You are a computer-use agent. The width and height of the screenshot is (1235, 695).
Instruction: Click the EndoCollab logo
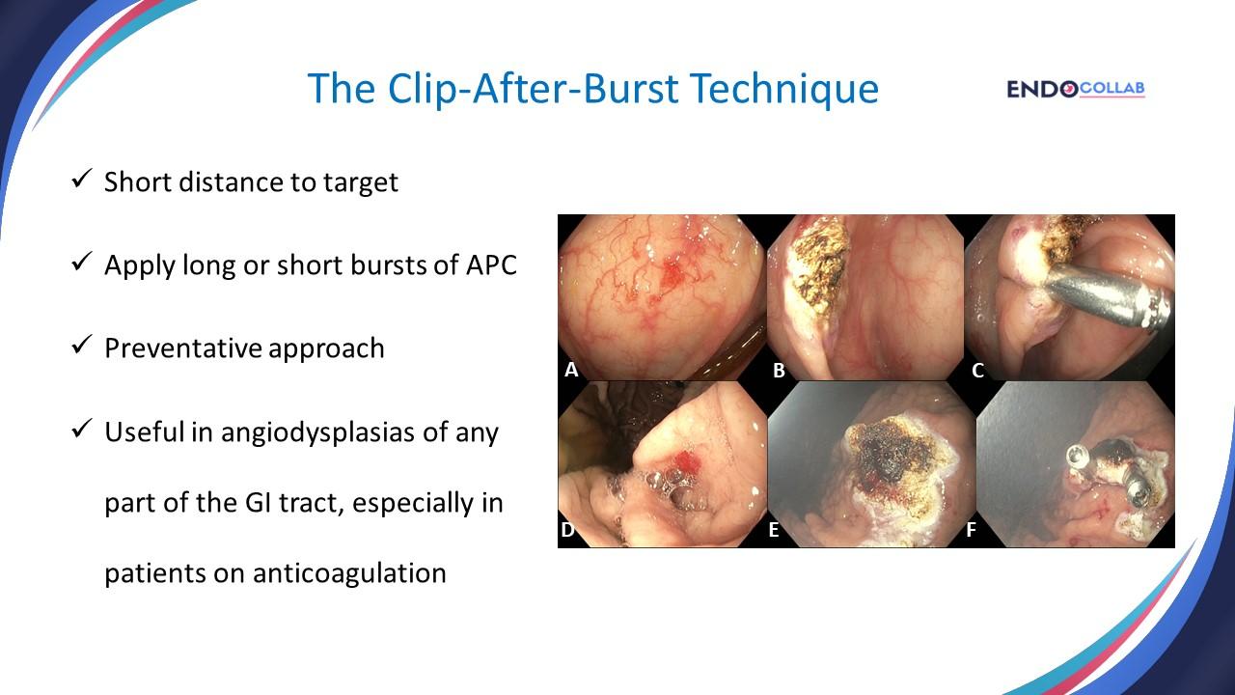pyautogui.click(x=1075, y=89)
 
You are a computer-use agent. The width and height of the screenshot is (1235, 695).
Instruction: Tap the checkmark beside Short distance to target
pyautogui.click(x=81, y=180)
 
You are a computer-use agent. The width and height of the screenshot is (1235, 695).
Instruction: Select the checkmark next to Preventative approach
pyautogui.click(x=81, y=346)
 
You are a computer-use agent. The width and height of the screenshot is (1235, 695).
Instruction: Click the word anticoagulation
pyautogui.click(x=349, y=572)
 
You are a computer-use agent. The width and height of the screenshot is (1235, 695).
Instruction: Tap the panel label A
pyautogui.click(x=571, y=369)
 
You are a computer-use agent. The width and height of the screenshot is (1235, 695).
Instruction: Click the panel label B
pyautogui.click(x=779, y=369)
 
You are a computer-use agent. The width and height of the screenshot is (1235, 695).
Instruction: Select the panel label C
pyautogui.click(x=977, y=369)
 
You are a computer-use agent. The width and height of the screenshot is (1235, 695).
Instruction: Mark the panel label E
pyautogui.click(x=774, y=529)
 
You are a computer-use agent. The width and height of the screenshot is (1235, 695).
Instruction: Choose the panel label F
pyautogui.click(x=971, y=529)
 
